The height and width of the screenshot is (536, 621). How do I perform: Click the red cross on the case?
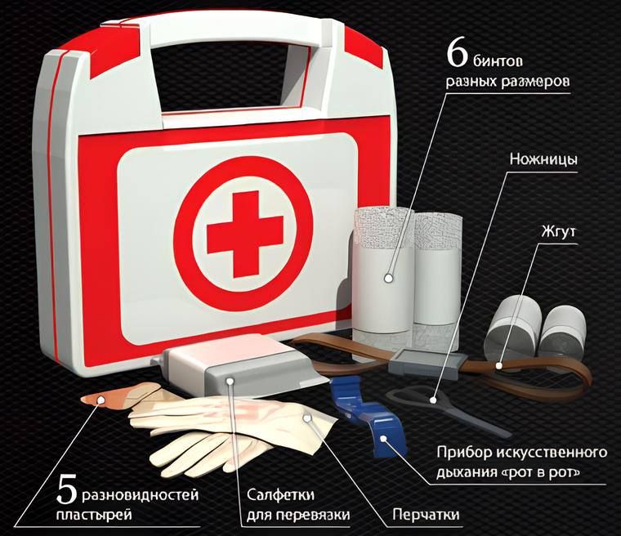point(245,234)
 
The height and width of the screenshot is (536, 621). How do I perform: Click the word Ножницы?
point(543,159)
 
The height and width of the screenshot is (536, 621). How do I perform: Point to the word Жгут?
point(558,231)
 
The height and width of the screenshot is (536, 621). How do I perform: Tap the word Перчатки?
point(427,515)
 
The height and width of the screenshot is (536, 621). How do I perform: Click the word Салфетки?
point(281,495)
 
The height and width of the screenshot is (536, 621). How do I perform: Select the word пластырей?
point(94,516)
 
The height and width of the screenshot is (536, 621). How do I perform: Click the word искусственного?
point(551,453)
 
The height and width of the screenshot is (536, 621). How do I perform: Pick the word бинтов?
point(498,60)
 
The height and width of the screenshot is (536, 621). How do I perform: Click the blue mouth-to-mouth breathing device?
point(365,415)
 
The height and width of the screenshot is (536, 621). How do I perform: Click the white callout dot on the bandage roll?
point(388,278)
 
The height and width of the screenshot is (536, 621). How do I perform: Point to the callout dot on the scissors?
point(433,400)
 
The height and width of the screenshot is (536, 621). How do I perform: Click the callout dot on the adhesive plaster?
point(101,400)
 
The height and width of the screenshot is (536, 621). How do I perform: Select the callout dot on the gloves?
point(306,418)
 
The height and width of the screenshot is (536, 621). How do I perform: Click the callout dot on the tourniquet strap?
point(499,366)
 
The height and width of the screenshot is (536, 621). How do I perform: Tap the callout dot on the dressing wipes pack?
point(230,381)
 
